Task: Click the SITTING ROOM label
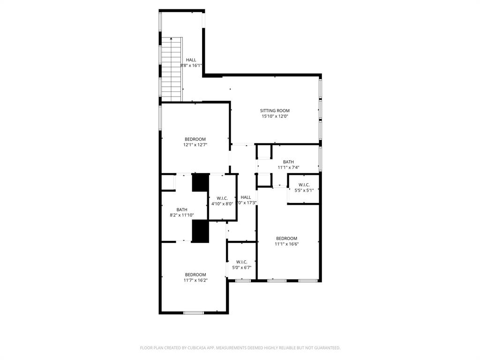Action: pyautogui.click(x=275, y=111)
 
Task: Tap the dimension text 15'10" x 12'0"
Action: pyautogui.click(x=275, y=116)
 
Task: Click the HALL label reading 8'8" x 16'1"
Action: pyautogui.click(x=191, y=60)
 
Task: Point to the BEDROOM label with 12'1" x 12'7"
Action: pyautogui.click(x=195, y=139)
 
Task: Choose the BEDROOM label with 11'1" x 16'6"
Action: pyautogui.click(x=286, y=238)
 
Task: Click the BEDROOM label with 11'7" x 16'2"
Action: pyautogui.click(x=195, y=275)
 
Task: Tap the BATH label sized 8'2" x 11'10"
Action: pyautogui.click(x=182, y=210)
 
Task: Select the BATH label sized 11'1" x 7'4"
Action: pyautogui.click(x=288, y=162)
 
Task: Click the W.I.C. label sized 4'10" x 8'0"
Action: pyautogui.click(x=222, y=198)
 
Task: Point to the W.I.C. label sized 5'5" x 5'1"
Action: pyautogui.click(x=304, y=185)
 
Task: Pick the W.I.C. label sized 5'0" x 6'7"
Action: pyautogui.click(x=242, y=262)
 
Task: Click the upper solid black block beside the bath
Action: pyautogui.click(x=200, y=182)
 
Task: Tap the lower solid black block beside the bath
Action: pyautogui.click(x=200, y=231)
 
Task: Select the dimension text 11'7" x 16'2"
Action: pyautogui.click(x=195, y=280)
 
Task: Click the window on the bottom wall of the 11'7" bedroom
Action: pyautogui.click(x=193, y=312)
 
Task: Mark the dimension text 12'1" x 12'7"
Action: pyautogui.click(x=195, y=145)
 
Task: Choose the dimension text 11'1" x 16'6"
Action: pyautogui.click(x=286, y=244)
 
